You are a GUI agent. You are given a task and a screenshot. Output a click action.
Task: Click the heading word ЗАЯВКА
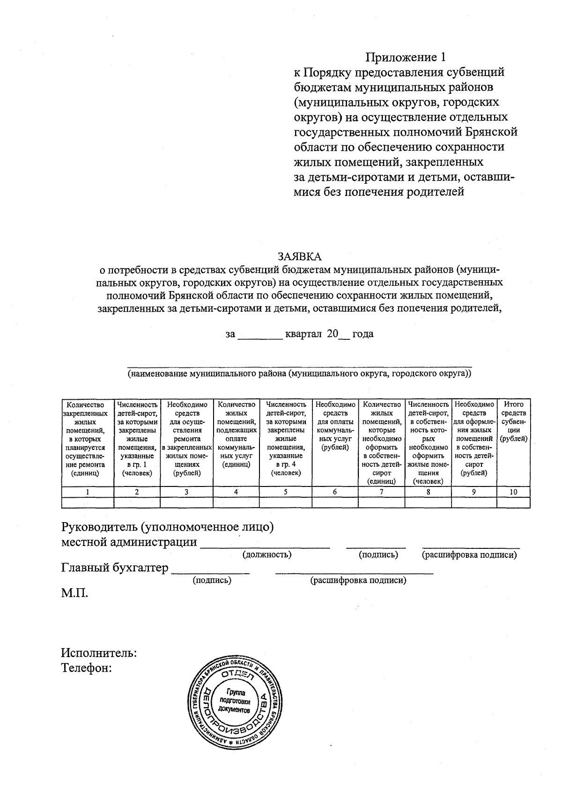[300, 257]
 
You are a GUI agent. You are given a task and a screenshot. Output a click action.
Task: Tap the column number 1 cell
[88, 492]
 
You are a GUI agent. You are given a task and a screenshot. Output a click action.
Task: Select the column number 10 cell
[513, 492]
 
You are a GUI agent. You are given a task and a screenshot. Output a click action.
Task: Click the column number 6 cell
[334, 492]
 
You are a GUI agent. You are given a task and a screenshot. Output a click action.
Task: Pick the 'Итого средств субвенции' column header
[513, 422]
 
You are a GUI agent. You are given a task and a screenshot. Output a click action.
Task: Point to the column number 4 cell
[236, 492]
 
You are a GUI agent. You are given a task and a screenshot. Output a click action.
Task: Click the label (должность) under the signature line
[267, 555]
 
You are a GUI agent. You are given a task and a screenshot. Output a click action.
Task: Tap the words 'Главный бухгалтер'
[115, 568]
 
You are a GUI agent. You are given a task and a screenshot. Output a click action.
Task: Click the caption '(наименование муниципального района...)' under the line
[300, 374]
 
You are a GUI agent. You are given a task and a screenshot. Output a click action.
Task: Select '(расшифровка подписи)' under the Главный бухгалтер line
[358, 580]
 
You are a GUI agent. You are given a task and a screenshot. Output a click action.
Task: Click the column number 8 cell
[428, 492]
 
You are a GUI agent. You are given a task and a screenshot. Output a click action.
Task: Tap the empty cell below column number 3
[186, 502]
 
